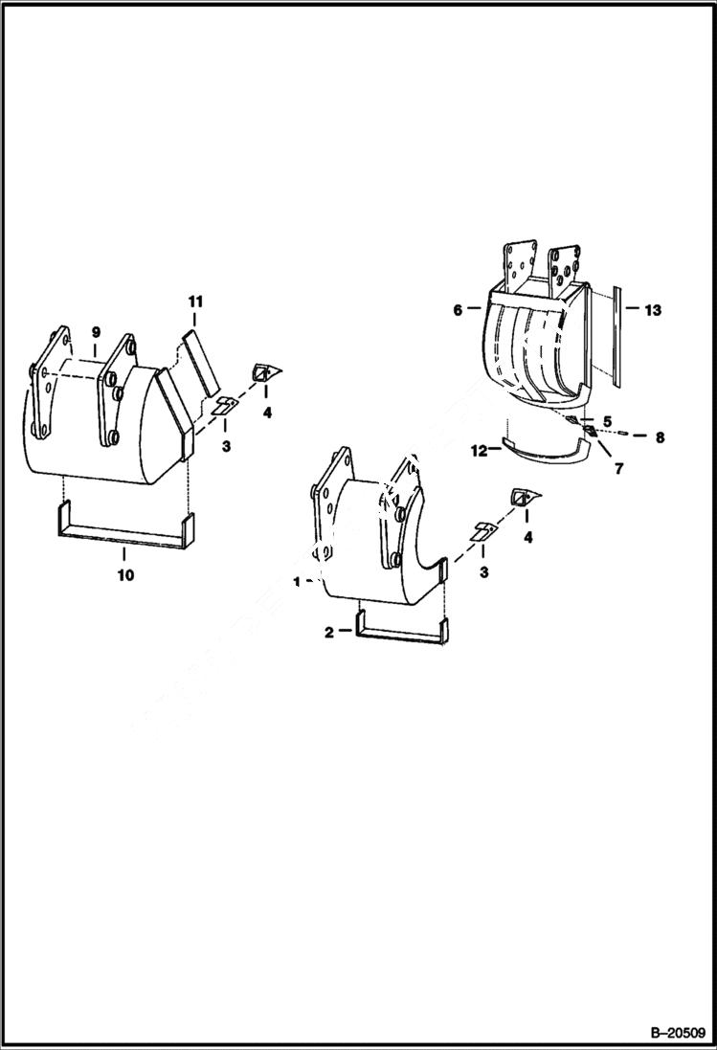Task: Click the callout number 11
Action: pyautogui.click(x=195, y=302)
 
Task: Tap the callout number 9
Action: pyautogui.click(x=96, y=331)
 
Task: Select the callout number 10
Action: pyautogui.click(x=125, y=575)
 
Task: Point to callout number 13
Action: pyautogui.click(x=653, y=310)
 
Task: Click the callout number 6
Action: pyautogui.click(x=457, y=310)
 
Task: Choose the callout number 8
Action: pyautogui.click(x=660, y=437)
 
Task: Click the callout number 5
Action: pyautogui.click(x=607, y=420)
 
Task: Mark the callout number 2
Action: pyautogui.click(x=329, y=632)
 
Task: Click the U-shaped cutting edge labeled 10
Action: pyautogui.click(x=124, y=534)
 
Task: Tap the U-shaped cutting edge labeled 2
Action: pyautogui.click(x=402, y=635)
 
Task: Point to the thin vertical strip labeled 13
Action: pyautogui.click(x=617, y=335)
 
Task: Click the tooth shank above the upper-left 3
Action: pyautogui.click(x=224, y=405)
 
